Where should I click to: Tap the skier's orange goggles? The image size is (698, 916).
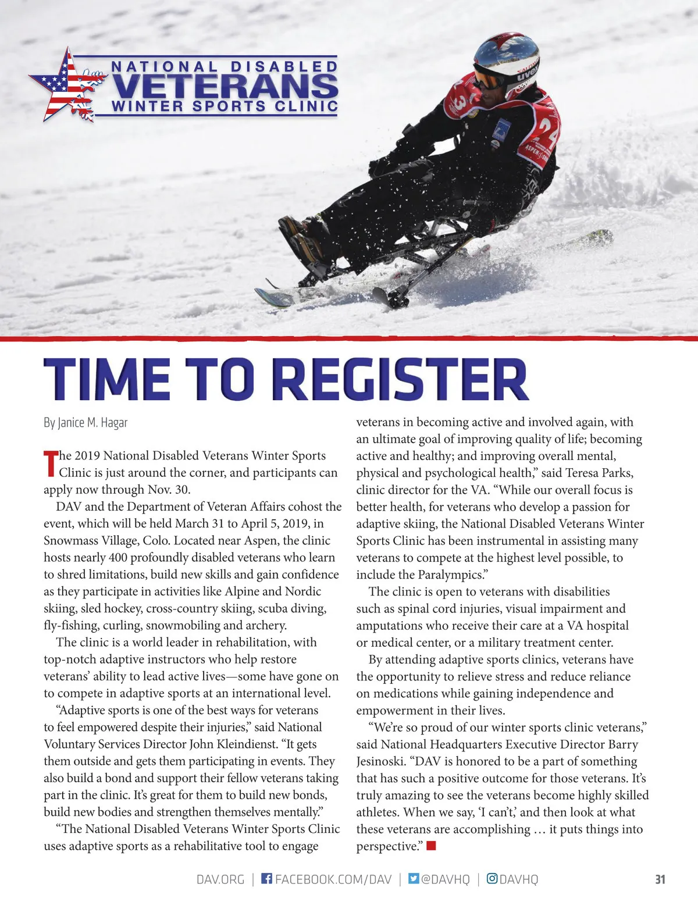(x=487, y=79)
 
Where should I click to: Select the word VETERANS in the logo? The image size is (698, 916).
(x=225, y=86)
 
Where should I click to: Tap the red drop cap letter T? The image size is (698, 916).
(x=51, y=464)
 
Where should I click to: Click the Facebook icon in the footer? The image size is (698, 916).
(x=266, y=878)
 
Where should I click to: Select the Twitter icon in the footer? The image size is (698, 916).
(x=414, y=878)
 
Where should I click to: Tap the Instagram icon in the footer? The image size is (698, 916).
(x=492, y=878)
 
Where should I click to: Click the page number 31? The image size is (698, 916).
(x=660, y=879)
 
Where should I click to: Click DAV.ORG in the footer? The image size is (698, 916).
(x=220, y=879)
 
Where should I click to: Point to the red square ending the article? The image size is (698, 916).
(x=431, y=846)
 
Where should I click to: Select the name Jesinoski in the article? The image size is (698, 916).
(x=381, y=761)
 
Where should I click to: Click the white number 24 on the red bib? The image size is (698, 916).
(x=548, y=131)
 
